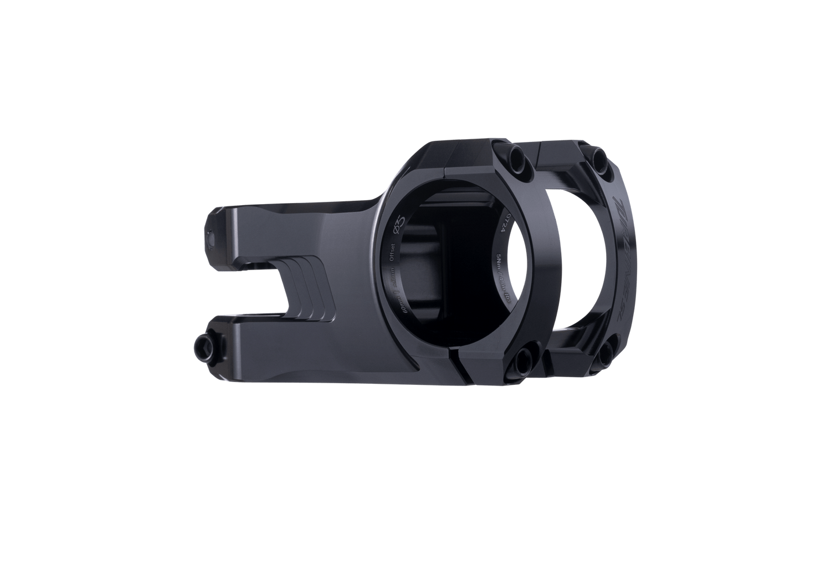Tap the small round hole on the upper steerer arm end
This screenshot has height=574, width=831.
pyautogui.click(x=215, y=238)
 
